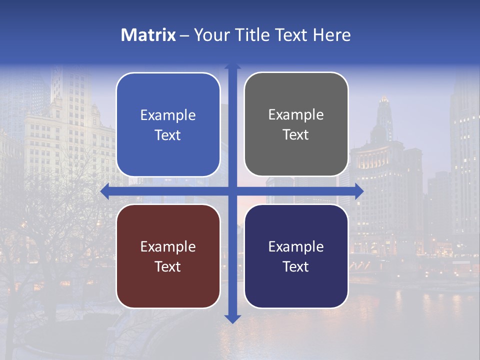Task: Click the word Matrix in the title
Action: coord(148,35)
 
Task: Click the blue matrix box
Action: coord(168,125)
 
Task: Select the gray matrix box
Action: coord(296,124)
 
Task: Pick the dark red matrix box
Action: coord(168,256)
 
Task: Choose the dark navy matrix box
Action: coord(296,256)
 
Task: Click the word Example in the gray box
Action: coord(296,115)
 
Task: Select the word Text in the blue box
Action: coord(168,135)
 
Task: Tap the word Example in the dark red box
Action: coord(168,246)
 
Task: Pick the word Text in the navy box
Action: coord(296,266)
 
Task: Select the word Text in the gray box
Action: coord(296,135)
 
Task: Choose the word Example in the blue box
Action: coord(168,115)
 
